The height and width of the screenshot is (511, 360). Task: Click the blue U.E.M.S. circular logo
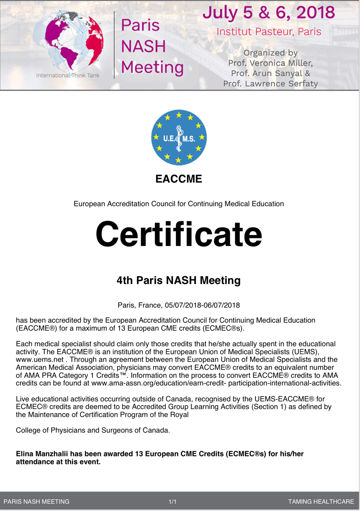click(x=179, y=137)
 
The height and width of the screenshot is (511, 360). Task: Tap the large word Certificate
click(x=179, y=234)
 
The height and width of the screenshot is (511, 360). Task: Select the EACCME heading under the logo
click(x=179, y=179)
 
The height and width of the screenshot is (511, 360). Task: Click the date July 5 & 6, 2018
click(x=269, y=13)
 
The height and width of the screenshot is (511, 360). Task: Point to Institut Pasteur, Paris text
click(x=269, y=32)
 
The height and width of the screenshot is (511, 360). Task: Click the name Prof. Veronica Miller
click(x=270, y=63)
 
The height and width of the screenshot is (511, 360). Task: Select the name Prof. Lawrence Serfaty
click(x=270, y=84)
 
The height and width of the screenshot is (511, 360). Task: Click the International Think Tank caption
click(x=68, y=75)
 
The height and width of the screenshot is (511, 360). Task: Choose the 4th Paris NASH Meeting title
click(x=179, y=280)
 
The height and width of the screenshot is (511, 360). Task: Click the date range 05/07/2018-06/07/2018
click(x=202, y=305)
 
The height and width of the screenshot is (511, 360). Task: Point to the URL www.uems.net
click(x=40, y=360)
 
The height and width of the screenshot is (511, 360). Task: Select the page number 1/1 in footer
click(x=173, y=502)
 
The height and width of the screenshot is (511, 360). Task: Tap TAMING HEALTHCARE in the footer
click(x=321, y=502)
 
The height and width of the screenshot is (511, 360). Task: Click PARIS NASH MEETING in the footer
click(x=37, y=502)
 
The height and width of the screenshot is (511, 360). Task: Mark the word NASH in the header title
click(x=143, y=46)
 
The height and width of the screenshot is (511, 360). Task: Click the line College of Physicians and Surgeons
click(x=93, y=430)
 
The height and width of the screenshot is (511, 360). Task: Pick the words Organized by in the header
click(x=270, y=53)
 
